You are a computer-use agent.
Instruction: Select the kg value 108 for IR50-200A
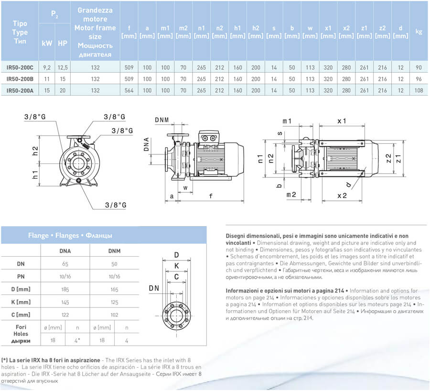(x=419, y=90)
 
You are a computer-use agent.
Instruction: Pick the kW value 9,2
(x=47, y=67)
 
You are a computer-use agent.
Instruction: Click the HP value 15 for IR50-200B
(x=63, y=79)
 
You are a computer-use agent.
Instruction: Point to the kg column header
(x=419, y=32)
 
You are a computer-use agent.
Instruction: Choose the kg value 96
(x=419, y=79)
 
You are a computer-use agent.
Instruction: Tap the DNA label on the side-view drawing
(x=147, y=144)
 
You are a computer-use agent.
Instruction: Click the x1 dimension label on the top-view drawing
(x=342, y=121)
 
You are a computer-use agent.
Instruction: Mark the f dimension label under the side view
(x=211, y=195)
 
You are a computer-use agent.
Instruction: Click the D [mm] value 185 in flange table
(x=65, y=289)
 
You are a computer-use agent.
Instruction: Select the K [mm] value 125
(x=115, y=302)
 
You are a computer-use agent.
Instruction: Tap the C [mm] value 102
(x=115, y=315)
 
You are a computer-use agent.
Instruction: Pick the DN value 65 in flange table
(x=65, y=264)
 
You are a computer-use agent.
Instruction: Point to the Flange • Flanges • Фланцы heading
(x=70, y=236)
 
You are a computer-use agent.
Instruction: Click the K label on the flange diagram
(x=176, y=266)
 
